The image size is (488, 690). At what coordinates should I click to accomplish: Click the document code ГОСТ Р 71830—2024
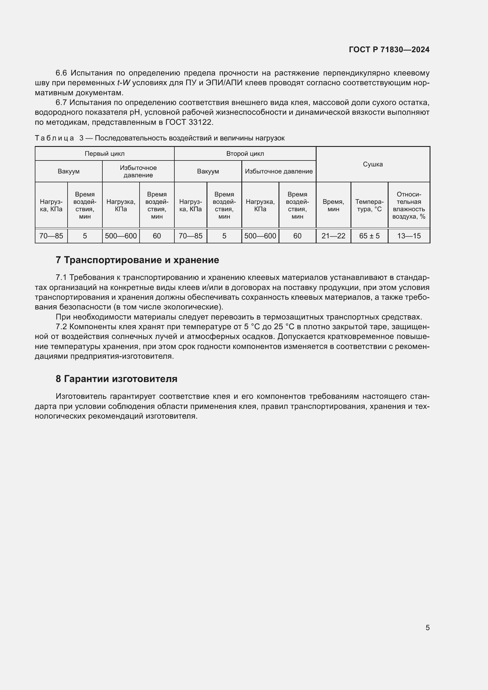point(389,50)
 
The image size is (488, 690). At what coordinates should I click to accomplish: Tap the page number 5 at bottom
point(427,627)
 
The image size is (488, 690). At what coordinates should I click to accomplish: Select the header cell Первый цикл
point(104,154)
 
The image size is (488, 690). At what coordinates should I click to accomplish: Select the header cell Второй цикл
point(245,154)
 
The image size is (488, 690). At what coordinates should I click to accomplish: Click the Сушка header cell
point(373,164)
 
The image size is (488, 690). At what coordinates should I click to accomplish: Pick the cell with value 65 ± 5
point(369,236)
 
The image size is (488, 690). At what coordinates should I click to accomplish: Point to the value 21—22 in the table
point(333,236)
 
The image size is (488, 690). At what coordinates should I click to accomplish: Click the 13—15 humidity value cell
point(409,236)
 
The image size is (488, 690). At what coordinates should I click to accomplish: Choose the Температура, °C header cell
point(369,205)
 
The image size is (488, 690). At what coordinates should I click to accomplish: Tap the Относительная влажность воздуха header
point(409,205)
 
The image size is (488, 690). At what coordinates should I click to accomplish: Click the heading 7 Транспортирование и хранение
point(137,260)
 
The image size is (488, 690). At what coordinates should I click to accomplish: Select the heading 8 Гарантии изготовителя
point(117,379)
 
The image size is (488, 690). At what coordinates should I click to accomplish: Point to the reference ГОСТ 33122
point(189,122)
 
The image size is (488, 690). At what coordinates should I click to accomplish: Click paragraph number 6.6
point(61,73)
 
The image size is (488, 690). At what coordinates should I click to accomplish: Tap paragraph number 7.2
point(61,327)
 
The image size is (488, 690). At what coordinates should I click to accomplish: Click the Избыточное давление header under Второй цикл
point(279,171)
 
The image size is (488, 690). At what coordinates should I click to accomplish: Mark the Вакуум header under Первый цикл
point(68,171)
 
